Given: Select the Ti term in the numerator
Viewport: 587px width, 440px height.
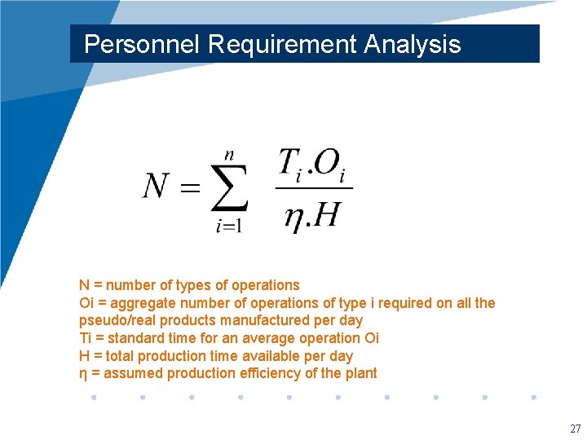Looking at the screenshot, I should tap(293, 165).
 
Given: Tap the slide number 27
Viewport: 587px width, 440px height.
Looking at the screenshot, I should tap(576, 429).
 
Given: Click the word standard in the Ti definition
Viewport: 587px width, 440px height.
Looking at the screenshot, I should tap(135, 338).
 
